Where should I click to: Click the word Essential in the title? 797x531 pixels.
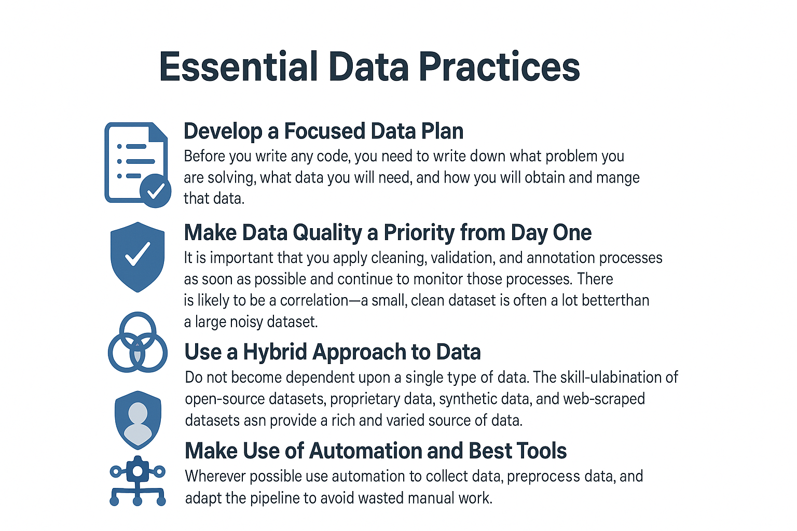tap(238, 66)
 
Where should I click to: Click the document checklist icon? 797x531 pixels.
tap(138, 165)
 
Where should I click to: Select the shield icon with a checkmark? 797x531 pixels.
tap(138, 257)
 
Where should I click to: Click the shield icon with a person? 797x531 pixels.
tap(138, 420)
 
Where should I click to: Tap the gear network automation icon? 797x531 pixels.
tap(138, 481)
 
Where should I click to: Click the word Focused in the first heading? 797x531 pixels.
tap(324, 131)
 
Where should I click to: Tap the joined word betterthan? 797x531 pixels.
tap(615, 300)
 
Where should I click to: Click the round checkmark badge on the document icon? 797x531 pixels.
tap(156, 191)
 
